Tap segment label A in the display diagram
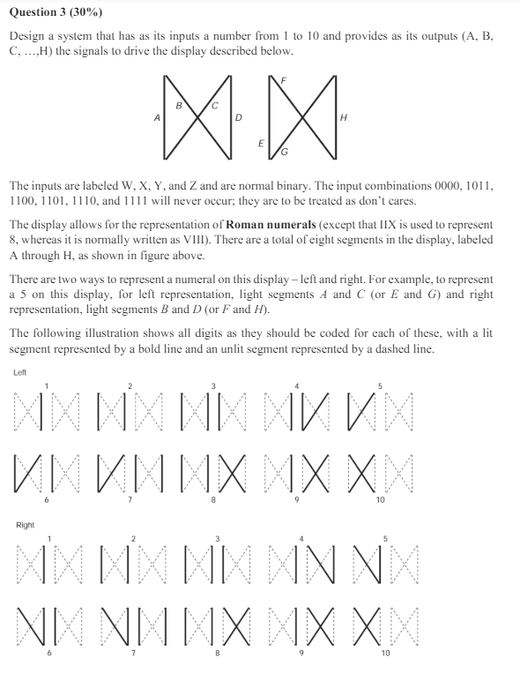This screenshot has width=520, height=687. (157, 116)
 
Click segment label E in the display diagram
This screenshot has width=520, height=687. (261, 142)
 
